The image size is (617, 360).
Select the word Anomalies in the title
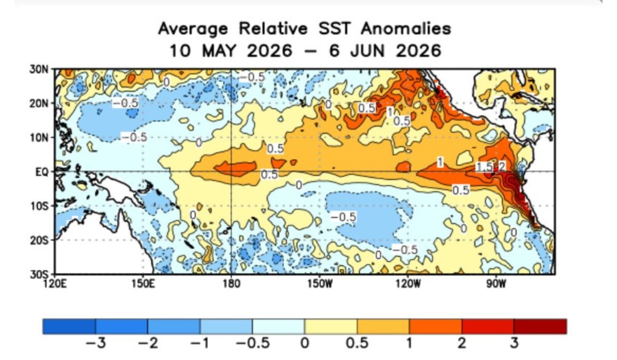tap(406, 29)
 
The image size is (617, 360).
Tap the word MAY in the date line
tap(219, 51)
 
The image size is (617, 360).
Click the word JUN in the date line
tap(367, 51)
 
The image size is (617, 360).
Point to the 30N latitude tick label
tap(39, 69)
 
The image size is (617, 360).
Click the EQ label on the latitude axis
tap(42, 172)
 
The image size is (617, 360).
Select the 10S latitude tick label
tap(39, 206)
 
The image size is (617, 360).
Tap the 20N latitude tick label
tap(39, 104)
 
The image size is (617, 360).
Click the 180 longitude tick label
tap(231, 283)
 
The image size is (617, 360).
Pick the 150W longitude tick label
tap(320, 283)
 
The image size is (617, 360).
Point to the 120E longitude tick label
tap(55, 283)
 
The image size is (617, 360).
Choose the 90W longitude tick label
tap(496, 283)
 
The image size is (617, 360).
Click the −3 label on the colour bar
tap(96, 343)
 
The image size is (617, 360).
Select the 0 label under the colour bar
tap(304, 343)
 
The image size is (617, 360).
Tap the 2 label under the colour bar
tap(462, 343)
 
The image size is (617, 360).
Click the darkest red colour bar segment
tap(540, 327)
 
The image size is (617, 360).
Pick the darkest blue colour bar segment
tap(69, 327)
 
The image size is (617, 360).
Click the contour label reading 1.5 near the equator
tap(484, 167)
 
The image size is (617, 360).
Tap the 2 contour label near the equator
tap(502, 166)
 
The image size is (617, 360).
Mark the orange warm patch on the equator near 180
tap(235, 167)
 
